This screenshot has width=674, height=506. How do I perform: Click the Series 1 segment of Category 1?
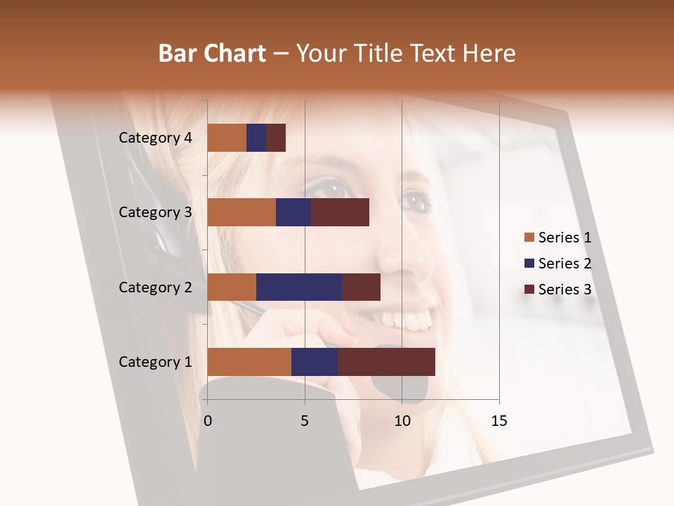pyautogui.click(x=249, y=362)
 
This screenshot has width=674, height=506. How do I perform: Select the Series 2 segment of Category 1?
pyautogui.click(x=315, y=362)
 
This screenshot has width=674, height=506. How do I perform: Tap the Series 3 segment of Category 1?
pyautogui.click(x=386, y=362)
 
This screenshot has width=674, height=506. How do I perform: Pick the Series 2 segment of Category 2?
pyautogui.click(x=299, y=287)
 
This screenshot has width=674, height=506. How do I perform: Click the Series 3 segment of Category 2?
pyautogui.click(x=361, y=287)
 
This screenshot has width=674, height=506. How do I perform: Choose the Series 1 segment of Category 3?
pyautogui.click(x=242, y=212)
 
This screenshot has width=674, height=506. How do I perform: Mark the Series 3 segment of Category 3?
pyautogui.click(x=340, y=212)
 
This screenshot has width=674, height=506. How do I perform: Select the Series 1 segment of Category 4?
pyautogui.click(x=227, y=138)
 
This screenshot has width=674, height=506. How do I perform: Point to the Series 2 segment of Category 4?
pyautogui.click(x=256, y=138)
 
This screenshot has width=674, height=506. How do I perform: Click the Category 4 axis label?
pyautogui.click(x=155, y=138)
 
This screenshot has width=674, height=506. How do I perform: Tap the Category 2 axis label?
pyautogui.click(x=155, y=287)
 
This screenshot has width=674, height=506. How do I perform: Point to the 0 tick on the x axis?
pyautogui.click(x=208, y=421)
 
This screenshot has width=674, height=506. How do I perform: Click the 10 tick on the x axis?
pyautogui.click(x=402, y=421)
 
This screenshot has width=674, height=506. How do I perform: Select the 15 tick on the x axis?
pyautogui.click(x=499, y=421)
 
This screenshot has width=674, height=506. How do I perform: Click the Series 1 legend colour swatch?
pyautogui.click(x=529, y=238)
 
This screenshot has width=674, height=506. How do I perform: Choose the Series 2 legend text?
pyautogui.click(x=564, y=264)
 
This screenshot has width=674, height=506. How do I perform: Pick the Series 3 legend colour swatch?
pyautogui.click(x=529, y=290)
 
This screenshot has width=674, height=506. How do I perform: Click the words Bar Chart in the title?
pyautogui.click(x=212, y=53)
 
